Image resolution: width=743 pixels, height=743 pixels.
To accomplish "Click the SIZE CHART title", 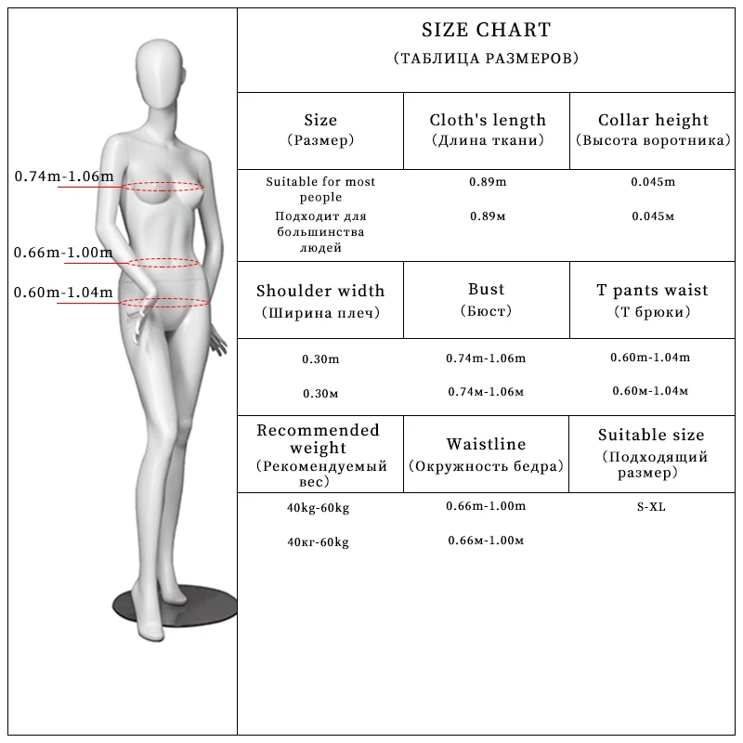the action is (486, 32).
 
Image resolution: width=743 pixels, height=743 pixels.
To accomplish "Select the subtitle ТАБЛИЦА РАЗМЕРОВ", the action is (486, 59).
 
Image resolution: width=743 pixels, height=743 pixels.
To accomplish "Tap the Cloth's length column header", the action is (488, 120).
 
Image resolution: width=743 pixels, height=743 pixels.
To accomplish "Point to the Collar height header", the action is (653, 120).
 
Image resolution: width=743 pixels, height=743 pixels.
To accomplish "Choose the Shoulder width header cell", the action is (320, 291).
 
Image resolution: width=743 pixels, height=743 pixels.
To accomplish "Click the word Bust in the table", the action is (488, 291).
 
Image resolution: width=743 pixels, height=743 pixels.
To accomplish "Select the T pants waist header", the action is (652, 291).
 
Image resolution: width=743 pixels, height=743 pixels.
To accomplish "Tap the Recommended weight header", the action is (319, 439).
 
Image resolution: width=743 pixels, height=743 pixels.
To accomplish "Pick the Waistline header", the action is (486, 445).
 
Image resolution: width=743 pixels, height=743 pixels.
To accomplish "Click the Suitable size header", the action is (651, 435).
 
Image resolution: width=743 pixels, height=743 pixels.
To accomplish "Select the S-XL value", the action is (651, 507).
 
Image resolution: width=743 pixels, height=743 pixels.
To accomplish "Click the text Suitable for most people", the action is (320, 189).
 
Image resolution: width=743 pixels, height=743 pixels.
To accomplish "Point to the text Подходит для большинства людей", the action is (320, 232).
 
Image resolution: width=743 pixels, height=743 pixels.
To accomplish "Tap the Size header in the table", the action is (320, 120).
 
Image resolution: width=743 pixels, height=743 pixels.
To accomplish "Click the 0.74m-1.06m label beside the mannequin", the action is (64, 176).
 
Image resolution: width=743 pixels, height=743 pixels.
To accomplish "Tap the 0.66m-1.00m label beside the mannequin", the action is (63, 253).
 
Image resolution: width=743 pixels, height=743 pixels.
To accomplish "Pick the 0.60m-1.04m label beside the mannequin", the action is (63, 293).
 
